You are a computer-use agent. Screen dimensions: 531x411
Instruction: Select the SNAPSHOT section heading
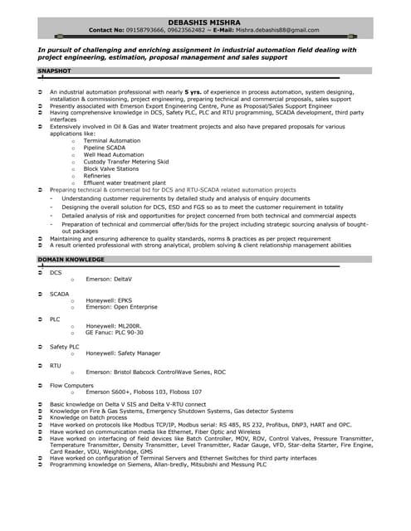click(56, 72)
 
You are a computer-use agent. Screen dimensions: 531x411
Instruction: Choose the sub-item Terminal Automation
click(112, 140)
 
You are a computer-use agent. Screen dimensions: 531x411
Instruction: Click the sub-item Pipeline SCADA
click(105, 148)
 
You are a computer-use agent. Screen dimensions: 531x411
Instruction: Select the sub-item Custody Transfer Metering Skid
click(126, 162)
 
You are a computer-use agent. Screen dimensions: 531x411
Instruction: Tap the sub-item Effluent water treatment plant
click(125, 183)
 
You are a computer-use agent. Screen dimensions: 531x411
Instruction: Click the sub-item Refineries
click(97, 176)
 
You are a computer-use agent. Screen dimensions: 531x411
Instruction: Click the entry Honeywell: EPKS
click(109, 300)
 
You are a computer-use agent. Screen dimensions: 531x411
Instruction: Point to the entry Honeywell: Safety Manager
click(123, 353)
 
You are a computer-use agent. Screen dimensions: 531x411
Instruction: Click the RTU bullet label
click(55, 365)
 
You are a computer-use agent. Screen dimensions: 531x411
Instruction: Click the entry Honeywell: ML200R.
click(114, 326)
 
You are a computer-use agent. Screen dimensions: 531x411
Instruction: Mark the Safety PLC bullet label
click(64, 347)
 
